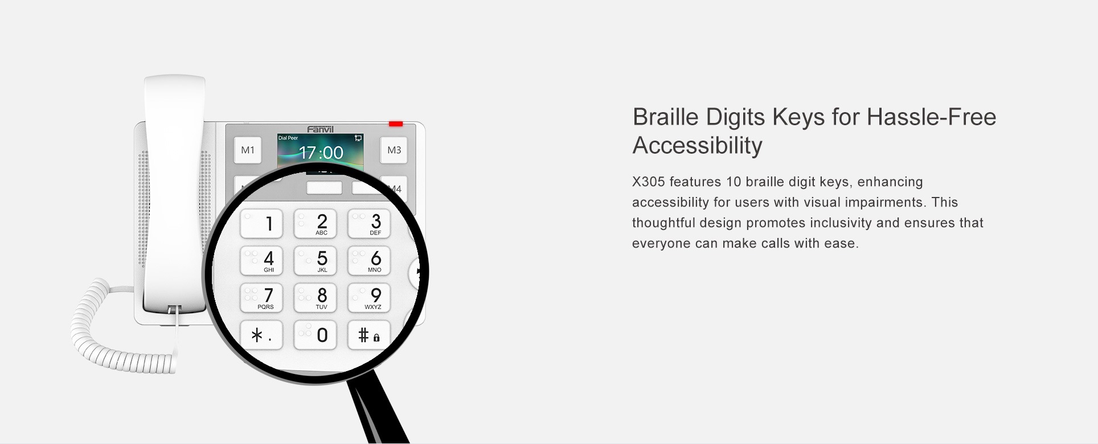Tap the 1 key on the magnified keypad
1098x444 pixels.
pyautogui.click(x=261, y=223)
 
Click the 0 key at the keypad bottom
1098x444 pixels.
pyautogui.click(x=315, y=335)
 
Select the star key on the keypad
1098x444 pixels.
pyautogui.click(x=261, y=335)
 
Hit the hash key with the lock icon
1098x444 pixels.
pyautogui.click(x=369, y=335)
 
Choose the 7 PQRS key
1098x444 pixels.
pyautogui.click(x=261, y=298)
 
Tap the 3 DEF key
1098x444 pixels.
pyautogui.click(x=369, y=223)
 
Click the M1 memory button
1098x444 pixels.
pyautogui.click(x=248, y=150)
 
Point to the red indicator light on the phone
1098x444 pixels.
pyautogui.click(x=396, y=124)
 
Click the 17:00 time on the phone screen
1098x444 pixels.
pyautogui.click(x=321, y=153)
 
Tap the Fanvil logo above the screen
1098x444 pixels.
pyautogui.click(x=321, y=129)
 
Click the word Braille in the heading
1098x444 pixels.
pyautogui.click(x=665, y=117)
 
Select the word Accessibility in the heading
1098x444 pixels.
pyautogui.click(x=698, y=146)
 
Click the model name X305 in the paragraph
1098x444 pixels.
pyautogui.click(x=649, y=182)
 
